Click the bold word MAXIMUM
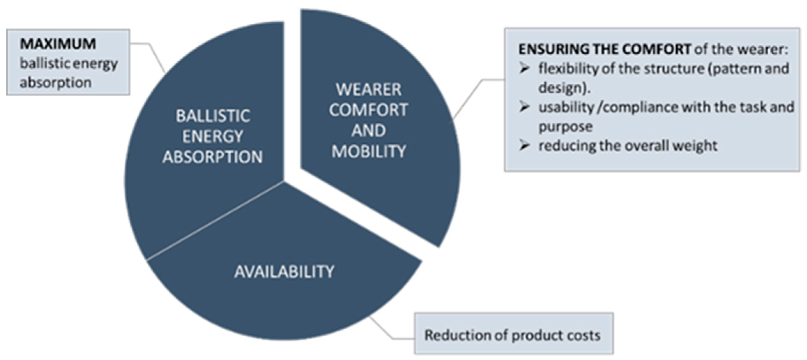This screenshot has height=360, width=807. click(58, 44)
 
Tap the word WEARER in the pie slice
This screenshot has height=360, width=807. click(368, 90)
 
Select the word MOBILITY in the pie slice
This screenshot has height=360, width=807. click(369, 152)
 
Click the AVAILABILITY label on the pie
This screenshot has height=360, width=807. click(284, 272)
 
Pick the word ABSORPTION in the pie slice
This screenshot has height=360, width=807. click(213, 157)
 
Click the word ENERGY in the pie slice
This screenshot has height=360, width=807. click(213, 137)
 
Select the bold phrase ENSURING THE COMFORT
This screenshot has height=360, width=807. click(604, 49)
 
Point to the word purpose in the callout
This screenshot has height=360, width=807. click(565, 127)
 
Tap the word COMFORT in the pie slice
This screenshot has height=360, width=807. click(368, 110)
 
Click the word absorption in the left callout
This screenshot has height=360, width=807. click(56, 83)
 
